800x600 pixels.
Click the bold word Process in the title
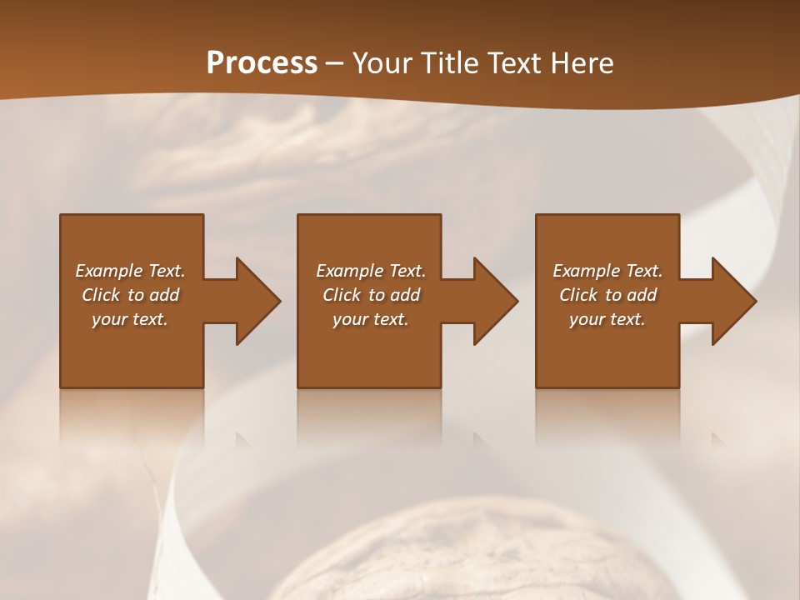[262, 63]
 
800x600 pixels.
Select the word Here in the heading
[582, 63]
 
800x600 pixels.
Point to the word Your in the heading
[382, 63]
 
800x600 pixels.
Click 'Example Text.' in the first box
[130, 271]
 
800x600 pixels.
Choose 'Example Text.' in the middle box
[371, 271]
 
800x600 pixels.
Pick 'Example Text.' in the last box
[607, 271]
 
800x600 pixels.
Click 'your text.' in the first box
[130, 319]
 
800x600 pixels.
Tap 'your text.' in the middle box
[371, 319]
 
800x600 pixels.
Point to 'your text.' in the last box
[607, 319]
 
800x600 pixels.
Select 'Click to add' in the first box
[130, 295]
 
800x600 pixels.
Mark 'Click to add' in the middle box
[371, 295]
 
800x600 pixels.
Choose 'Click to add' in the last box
[607, 295]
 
